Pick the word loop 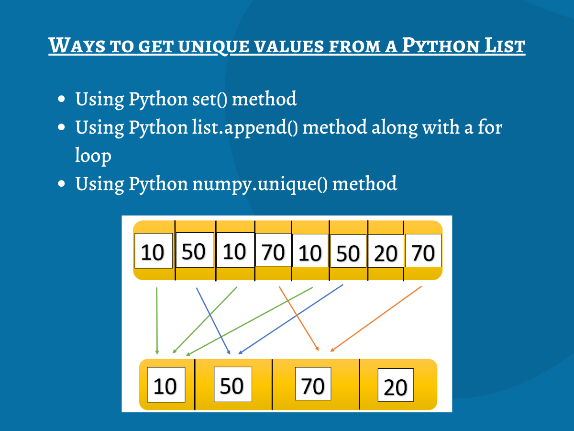93,156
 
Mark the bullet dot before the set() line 61,100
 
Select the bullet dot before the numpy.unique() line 61,184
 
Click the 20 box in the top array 386,252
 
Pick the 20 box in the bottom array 395,386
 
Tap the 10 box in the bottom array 166,385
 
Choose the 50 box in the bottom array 232,384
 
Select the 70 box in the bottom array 313,384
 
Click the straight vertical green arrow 157,321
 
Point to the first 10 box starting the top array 153,250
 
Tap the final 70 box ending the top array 423,250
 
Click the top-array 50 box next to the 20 348,252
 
